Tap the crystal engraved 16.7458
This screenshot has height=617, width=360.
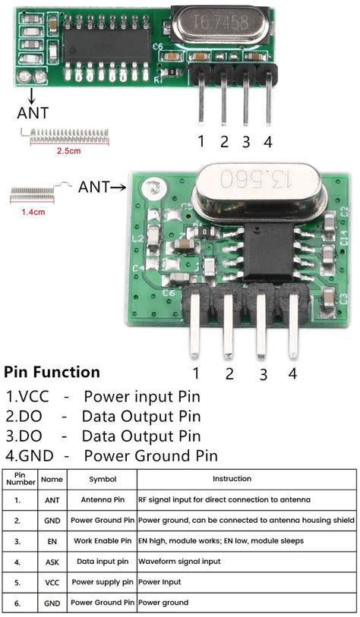(220, 24)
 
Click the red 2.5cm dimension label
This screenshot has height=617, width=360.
(69, 151)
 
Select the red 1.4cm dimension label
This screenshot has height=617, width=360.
(33, 212)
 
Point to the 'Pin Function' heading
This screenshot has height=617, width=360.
(52, 372)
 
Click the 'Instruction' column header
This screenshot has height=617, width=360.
(232, 479)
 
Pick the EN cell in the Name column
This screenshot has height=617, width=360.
(52, 541)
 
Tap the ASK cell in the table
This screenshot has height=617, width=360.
(52, 562)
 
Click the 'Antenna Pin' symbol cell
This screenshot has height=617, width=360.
(103, 499)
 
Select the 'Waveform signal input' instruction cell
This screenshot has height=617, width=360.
(179, 562)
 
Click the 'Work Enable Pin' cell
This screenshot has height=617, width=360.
(103, 541)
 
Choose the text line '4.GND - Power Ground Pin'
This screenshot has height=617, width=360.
(111, 456)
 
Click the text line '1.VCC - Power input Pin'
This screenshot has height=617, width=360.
(103, 397)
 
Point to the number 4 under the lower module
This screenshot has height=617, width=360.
(292, 373)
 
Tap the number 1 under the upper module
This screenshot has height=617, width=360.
(201, 141)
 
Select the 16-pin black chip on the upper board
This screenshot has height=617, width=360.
(107, 46)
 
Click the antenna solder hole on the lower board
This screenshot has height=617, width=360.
(152, 187)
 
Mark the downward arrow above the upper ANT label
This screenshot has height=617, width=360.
(31, 96)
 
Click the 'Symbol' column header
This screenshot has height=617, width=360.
(103, 480)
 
